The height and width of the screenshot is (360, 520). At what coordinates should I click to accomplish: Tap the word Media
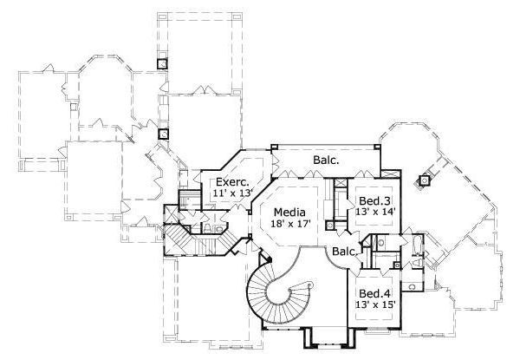click(288, 212)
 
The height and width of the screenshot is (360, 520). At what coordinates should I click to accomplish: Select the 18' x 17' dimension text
click(289, 224)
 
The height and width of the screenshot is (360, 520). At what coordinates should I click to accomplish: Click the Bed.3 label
click(373, 200)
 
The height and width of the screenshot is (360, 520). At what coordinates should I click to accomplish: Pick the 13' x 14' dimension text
click(374, 211)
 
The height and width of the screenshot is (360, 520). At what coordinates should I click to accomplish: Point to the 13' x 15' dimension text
click(375, 304)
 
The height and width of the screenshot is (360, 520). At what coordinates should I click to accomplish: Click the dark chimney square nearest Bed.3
click(424, 181)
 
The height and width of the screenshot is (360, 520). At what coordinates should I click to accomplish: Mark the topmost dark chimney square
click(162, 62)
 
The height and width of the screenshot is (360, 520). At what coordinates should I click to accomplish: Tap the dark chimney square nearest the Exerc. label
click(162, 135)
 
